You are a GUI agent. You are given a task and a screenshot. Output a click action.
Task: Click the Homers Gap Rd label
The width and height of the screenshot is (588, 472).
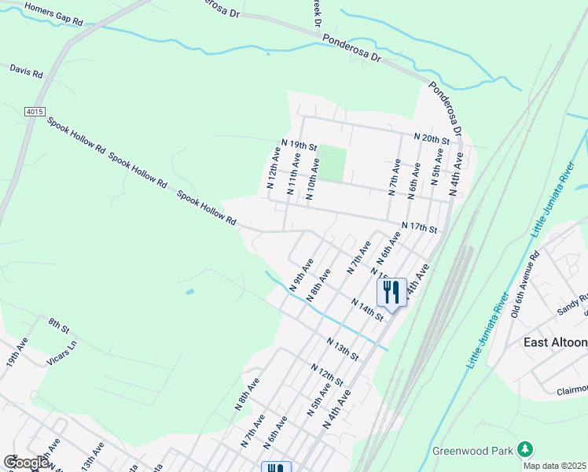[53, 13]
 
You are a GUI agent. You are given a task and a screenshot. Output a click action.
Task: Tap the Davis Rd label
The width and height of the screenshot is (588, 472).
[26, 71]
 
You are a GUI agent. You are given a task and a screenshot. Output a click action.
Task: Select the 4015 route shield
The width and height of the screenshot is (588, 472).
[34, 112]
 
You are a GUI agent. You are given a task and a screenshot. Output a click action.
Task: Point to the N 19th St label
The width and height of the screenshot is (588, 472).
[299, 146]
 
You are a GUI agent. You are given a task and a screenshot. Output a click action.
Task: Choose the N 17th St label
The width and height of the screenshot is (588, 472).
[418, 227]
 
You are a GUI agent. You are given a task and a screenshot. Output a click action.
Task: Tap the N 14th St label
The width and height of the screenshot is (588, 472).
[366, 308]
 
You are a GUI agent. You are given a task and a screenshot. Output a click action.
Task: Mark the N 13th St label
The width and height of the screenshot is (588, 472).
[343, 349]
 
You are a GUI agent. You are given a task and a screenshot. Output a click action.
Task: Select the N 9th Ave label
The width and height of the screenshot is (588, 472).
[302, 274]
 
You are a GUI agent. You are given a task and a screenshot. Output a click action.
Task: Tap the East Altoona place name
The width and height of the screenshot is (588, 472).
[555, 342]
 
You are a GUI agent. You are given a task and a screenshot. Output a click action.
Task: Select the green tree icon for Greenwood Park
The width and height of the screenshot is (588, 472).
[525, 449]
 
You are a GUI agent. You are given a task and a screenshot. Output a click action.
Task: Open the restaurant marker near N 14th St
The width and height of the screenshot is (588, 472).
[391, 293]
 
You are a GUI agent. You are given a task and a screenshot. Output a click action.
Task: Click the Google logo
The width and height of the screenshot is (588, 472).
[26, 463]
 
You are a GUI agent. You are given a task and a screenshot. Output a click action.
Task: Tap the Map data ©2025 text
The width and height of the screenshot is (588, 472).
[554, 466]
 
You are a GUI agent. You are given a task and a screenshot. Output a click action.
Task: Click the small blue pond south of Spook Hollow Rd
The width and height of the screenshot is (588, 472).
[191, 292]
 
